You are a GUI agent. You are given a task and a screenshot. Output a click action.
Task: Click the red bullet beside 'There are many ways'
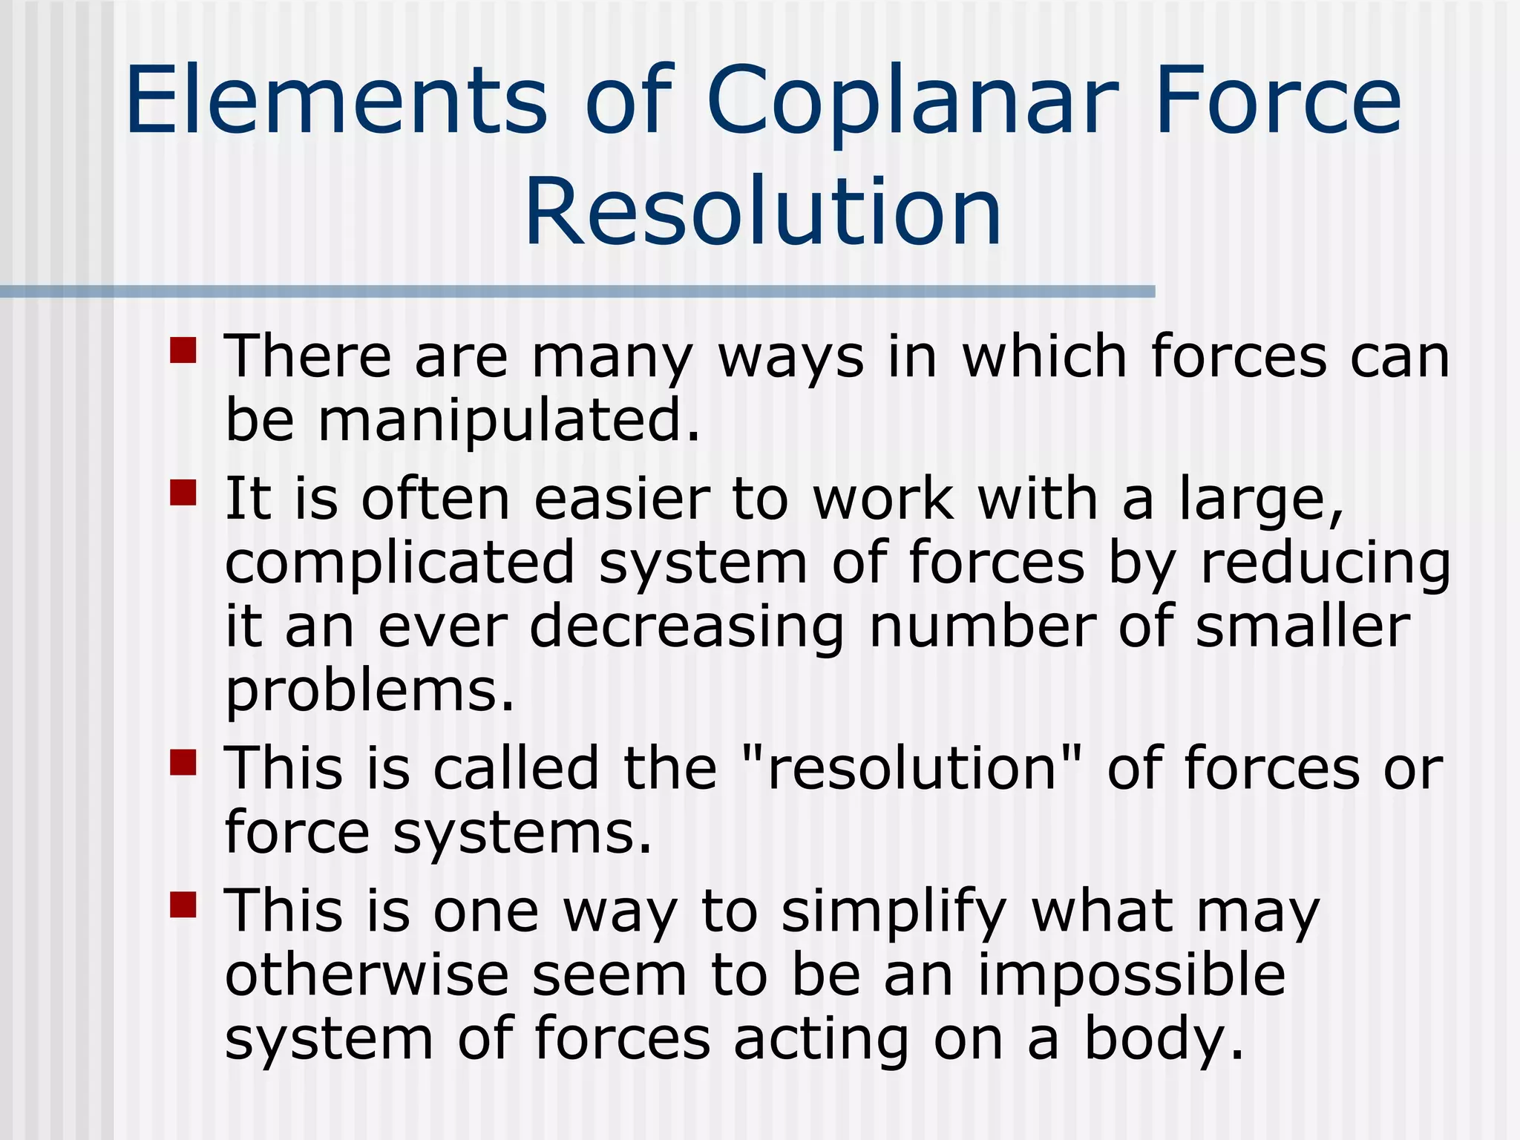point(183,350)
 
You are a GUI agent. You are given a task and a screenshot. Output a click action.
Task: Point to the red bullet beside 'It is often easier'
point(183,492)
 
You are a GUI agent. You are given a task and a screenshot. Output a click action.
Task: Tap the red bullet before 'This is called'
point(183,761)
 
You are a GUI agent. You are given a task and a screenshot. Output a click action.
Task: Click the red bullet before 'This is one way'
point(183,904)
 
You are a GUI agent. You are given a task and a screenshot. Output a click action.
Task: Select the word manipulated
point(509,420)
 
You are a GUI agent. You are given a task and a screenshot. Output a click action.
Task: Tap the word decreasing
point(687,627)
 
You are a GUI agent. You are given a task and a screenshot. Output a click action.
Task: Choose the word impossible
point(1131,975)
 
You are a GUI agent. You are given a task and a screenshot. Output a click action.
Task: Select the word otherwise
point(367,975)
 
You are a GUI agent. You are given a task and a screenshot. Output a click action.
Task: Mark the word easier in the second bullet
point(622,499)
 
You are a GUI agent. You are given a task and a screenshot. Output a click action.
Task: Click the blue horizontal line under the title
point(577,292)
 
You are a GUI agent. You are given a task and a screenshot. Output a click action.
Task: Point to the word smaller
point(1302,627)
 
